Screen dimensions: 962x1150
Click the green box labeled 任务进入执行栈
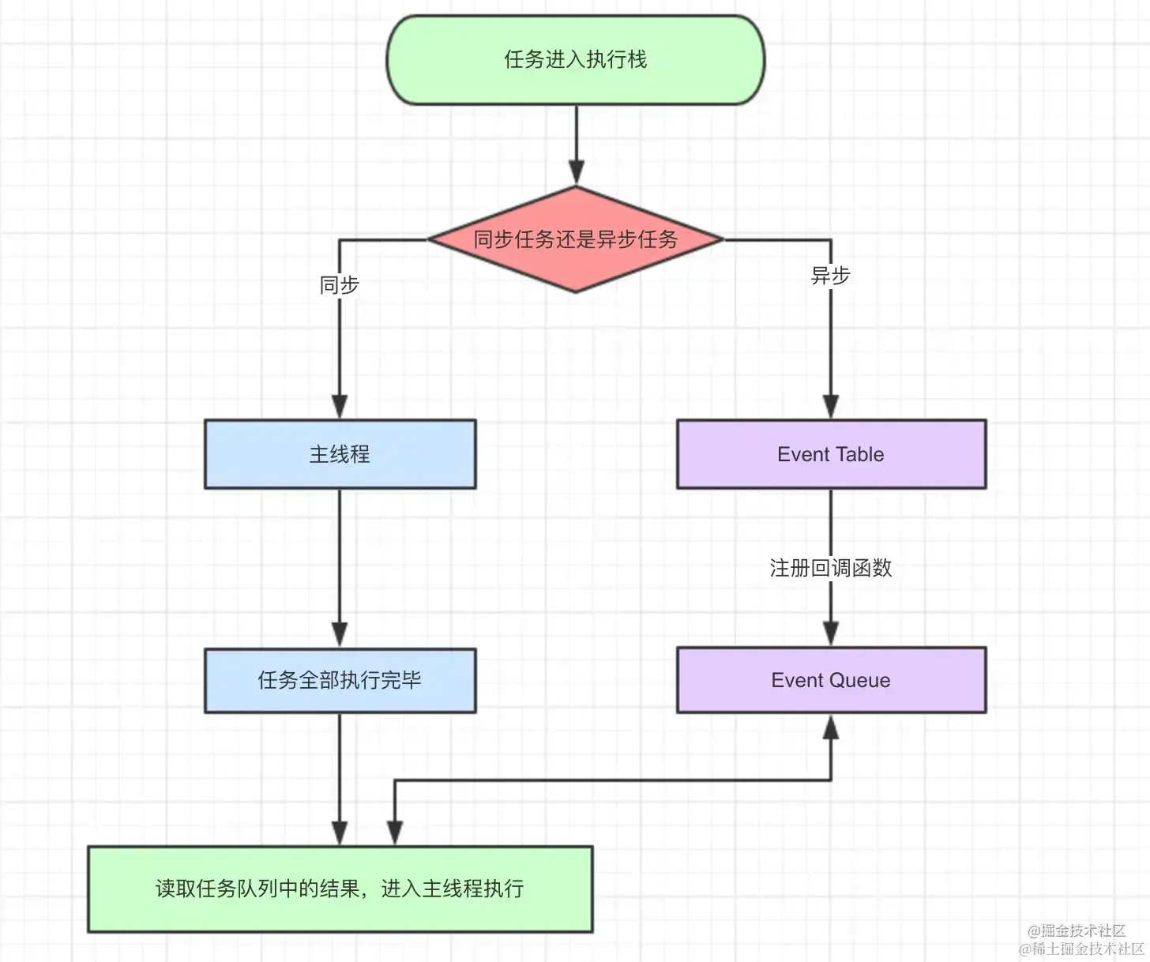click(x=575, y=60)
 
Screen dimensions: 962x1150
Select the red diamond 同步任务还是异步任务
click(x=575, y=239)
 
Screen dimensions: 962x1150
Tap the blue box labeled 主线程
click(x=340, y=454)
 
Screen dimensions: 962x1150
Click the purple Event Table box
click(x=831, y=454)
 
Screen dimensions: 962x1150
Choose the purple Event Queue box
click(x=831, y=680)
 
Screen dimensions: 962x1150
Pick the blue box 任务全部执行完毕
click(x=340, y=680)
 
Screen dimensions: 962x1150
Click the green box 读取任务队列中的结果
click(x=340, y=889)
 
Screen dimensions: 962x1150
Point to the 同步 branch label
click(x=340, y=285)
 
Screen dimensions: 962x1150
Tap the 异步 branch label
click(x=831, y=276)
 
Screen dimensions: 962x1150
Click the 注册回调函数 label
click(x=831, y=568)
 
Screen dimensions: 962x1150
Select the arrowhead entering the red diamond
click(x=577, y=173)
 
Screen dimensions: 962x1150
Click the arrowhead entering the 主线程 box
click(x=340, y=406)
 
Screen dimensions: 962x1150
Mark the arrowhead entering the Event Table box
click(x=831, y=406)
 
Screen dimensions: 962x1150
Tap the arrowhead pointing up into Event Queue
click(x=831, y=727)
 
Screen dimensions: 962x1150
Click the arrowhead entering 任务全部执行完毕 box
click(x=340, y=634)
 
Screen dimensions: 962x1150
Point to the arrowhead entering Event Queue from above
click(x=831, y=633)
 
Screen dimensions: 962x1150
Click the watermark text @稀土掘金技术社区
click(x=1081, y=949)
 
